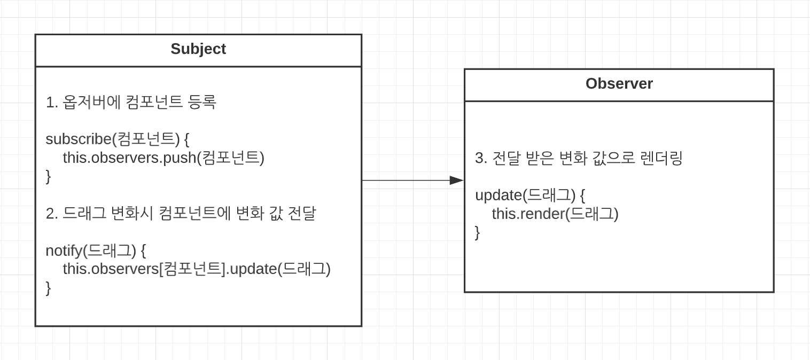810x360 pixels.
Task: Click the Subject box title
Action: point(198,49)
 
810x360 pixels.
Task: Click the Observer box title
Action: point(619,84)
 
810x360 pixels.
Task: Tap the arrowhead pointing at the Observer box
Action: point(456,181)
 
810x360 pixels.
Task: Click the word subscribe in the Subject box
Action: point(79,139)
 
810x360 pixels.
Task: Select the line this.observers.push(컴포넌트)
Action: point(163,158)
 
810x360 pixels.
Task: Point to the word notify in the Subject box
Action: point(64,250)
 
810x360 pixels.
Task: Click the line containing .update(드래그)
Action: point(197,269)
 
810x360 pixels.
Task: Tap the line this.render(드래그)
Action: point(555,214)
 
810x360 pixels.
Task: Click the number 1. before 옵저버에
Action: point(52,103)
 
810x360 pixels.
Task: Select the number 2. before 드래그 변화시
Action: point(52,214)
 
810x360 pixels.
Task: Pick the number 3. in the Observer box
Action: point(481,159)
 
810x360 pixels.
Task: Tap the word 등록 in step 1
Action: point(203,102)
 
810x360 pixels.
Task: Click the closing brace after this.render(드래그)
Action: point(477,233)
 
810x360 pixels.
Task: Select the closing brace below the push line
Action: point(48,176)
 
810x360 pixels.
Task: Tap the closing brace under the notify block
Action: point(48,288)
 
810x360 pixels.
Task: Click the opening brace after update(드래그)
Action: point(582,195)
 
